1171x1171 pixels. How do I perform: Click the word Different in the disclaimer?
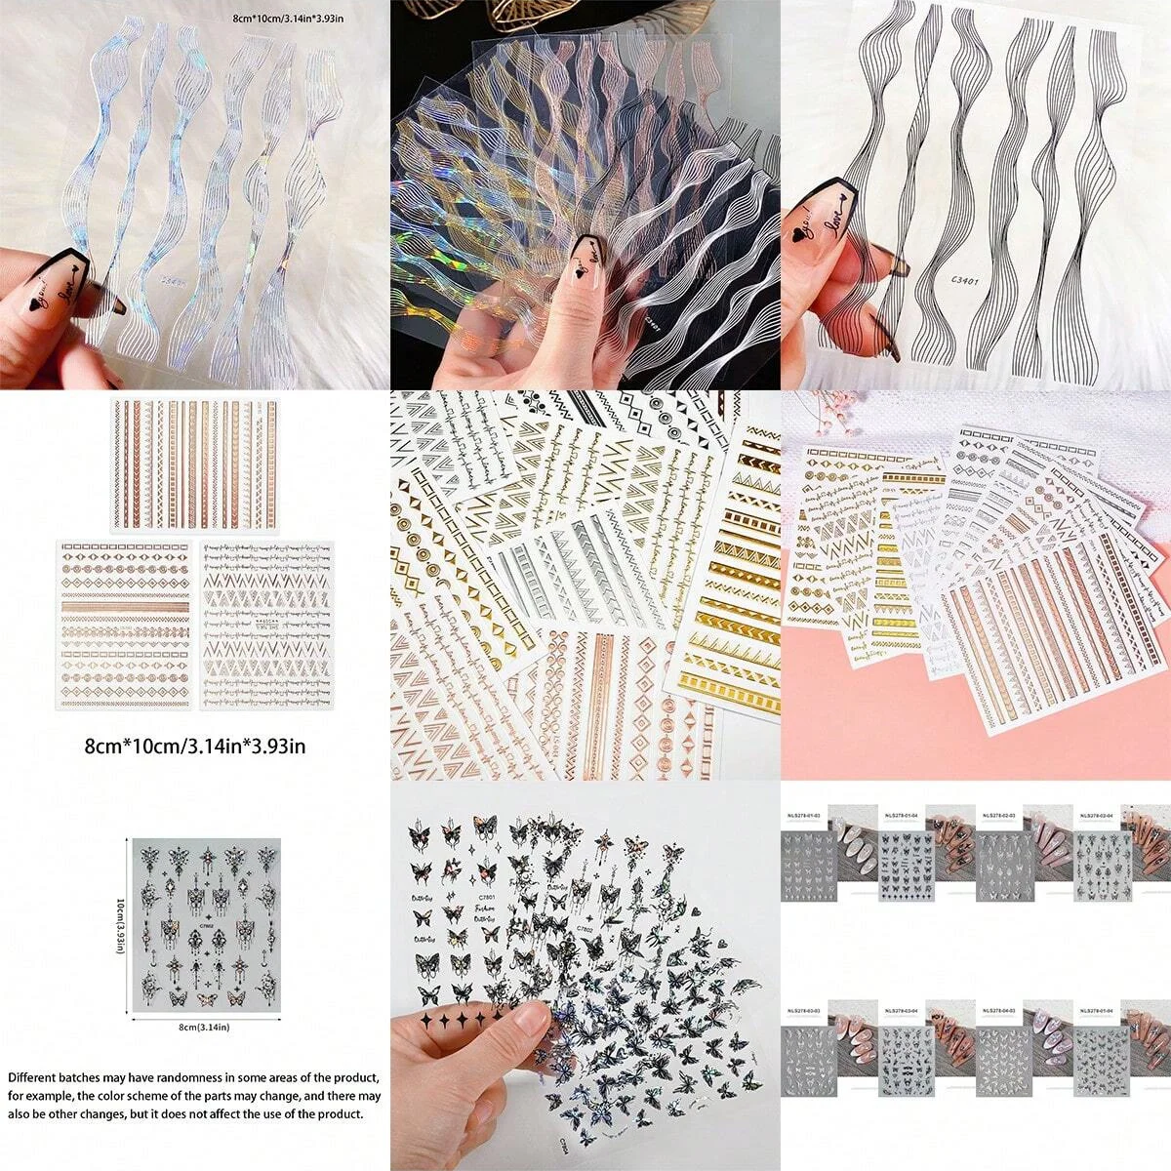click(33, 1078)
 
